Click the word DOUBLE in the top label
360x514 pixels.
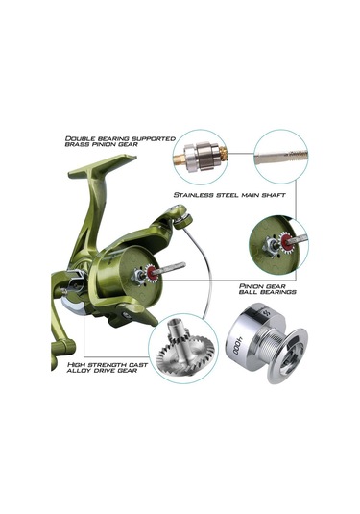[81, 138]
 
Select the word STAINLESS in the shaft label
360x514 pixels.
[195, 195]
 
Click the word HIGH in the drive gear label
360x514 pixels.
[64, 366]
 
